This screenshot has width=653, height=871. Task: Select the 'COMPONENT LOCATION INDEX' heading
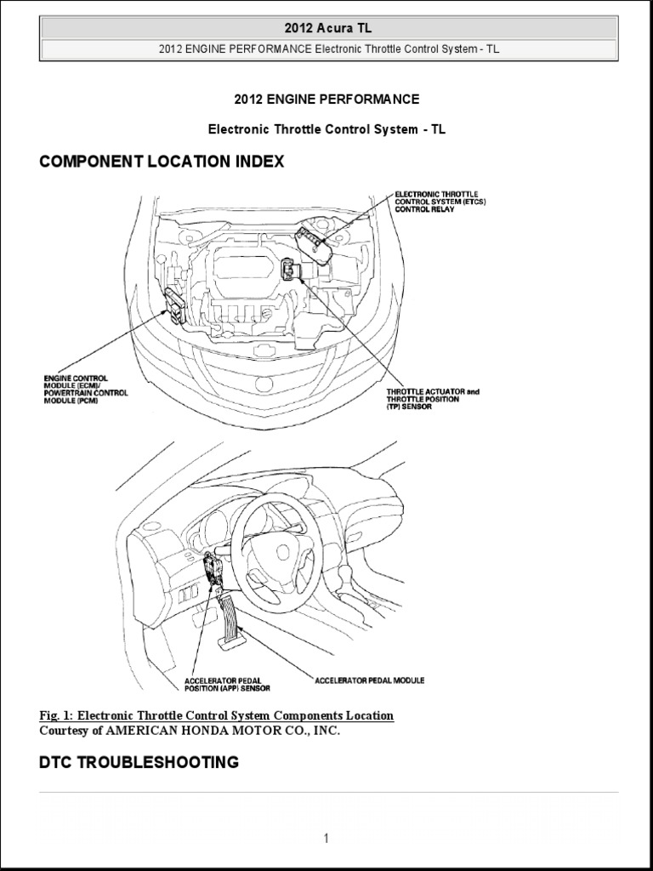point(162,162)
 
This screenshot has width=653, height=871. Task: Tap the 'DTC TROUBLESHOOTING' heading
point(139,762)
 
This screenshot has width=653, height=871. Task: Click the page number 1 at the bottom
point(326,839)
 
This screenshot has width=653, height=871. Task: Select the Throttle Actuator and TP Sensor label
point(433,400)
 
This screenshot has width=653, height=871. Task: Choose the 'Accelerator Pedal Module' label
point(369,680)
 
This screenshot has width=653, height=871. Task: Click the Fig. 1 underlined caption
point(217,716)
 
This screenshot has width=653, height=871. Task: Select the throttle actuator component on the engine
point(291,271)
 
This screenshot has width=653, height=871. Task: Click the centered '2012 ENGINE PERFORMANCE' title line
point(326,100)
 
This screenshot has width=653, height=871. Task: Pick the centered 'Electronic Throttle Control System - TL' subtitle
point(326,130)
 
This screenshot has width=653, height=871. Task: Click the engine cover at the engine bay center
point(242,270)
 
